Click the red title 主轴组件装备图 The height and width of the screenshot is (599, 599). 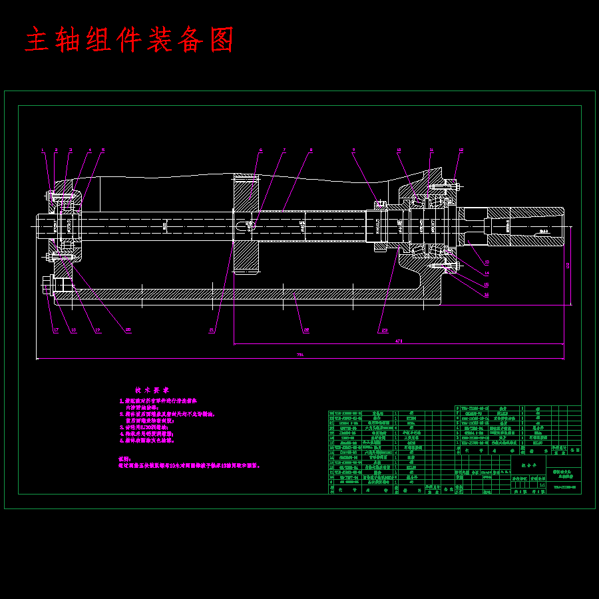(130, 41)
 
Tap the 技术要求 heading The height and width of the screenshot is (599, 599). (152, 390)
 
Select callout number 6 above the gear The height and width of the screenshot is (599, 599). (261, 150)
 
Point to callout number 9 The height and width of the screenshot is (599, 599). (354, 150)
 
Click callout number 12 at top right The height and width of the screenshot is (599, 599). (461, 150)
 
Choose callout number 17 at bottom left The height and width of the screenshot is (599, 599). (56, 329)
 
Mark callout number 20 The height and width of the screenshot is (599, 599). (128, 329)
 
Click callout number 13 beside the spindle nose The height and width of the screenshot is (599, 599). (487, 262)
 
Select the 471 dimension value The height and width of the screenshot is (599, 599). (399, 341)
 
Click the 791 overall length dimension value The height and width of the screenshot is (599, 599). (300, 355)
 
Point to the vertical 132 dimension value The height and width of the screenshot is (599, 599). (568, 266)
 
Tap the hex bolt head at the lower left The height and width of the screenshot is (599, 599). (47, 286)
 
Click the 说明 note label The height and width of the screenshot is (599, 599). (123, 459)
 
